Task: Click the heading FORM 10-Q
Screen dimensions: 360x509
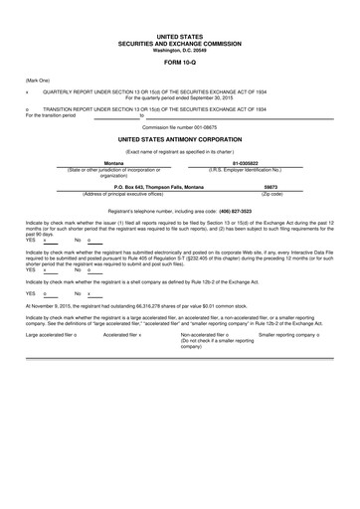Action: (x=179, y=60)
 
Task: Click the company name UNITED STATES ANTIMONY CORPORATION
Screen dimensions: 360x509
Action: (x=179, y=140)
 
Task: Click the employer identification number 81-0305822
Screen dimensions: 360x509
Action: (x=271, y=162)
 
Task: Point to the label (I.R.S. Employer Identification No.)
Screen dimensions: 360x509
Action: (x=271, y=169)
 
